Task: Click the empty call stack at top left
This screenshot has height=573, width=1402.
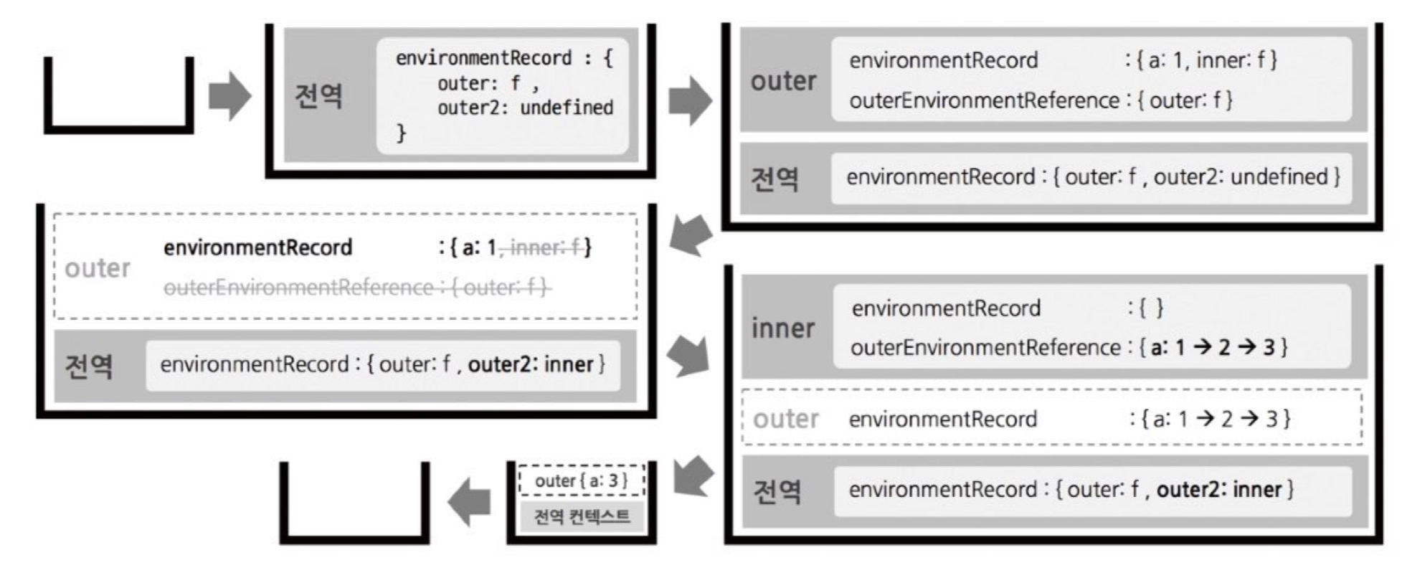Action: (x=119, y=97)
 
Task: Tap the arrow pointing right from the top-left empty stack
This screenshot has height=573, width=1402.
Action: (x=230, y=95)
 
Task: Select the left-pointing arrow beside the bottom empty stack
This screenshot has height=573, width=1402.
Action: (x=469, y=502)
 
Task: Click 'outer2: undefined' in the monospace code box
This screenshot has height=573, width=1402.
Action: (x=525, y=108)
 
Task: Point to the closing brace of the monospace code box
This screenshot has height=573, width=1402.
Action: (x=401, y=133)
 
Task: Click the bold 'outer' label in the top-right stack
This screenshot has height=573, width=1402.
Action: (x=783, y=81)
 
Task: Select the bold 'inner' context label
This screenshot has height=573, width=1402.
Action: (x=783, y=328)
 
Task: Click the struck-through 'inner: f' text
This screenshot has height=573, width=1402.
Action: (x=544, y=247)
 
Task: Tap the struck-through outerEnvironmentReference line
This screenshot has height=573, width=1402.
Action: (x=356, y=288)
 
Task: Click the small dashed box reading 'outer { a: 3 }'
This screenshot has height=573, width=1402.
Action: (x=582, y=480)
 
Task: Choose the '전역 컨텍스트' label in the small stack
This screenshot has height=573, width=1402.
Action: (x=582, y=516)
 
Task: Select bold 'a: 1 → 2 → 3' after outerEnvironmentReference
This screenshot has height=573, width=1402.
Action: (x=1213, y=348)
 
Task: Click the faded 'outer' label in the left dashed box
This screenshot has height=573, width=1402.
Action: (x=98, y=268)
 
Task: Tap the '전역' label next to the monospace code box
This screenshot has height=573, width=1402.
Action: (x=319, y=95)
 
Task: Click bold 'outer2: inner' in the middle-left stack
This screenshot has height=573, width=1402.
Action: (x=531, y=364)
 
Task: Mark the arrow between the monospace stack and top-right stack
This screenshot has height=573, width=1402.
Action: (x=690, y=100)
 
